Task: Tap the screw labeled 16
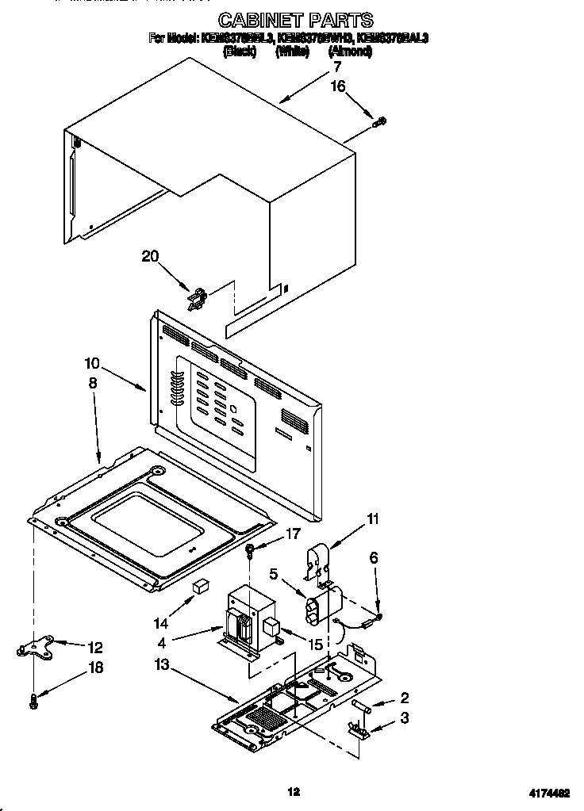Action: pos(380,121)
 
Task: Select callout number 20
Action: pos(151,256)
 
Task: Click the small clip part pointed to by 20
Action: pos(198,298)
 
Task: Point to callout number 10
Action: pos(94,365)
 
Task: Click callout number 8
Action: pos(93,382)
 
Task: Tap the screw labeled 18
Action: pos(33,700)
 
